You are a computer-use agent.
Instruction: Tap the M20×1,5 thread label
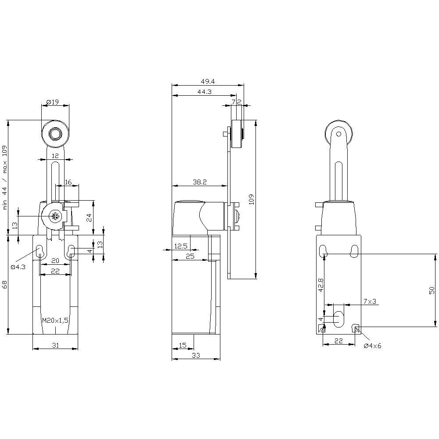click(55, 320)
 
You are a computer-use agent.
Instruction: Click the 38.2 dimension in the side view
click(200, 181)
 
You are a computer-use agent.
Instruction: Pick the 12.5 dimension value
click(181, 246)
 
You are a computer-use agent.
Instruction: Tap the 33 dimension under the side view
click(196, 356)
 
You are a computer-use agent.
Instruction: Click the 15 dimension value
click(183, 345)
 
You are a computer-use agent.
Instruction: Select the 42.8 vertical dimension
click(321, 285)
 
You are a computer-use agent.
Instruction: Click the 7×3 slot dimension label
click(370, 301)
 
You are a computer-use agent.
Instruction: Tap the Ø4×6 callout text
click(373, 345)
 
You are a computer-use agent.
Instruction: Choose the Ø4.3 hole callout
click(18, 266)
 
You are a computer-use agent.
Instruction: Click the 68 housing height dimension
click(5, 284)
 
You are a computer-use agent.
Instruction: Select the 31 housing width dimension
click(55, 345)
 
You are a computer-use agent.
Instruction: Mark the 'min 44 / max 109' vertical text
click(5, 177)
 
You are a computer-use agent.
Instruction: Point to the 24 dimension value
click(89, 218)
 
